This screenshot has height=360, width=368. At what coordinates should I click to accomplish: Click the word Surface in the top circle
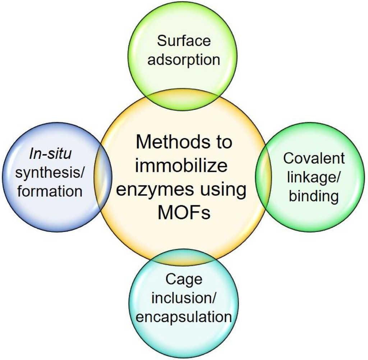(184, 41)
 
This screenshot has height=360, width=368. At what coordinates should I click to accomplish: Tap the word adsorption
(184, 59)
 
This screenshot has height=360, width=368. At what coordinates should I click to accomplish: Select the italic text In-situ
(50, 154)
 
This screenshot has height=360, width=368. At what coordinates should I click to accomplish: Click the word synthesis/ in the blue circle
(50, 173)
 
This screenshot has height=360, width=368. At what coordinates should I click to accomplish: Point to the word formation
(50, 191)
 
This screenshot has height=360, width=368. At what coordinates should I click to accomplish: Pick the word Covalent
(314, 158)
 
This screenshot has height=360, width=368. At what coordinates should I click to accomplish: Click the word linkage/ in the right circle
(314, 177)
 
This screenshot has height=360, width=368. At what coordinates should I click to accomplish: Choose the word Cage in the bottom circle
(184, 279)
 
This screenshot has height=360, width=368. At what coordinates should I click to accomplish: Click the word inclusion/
(184, 298)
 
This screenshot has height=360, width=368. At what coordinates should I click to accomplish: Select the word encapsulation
(184, 317)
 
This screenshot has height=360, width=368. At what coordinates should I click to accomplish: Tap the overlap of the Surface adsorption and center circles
(184, 99)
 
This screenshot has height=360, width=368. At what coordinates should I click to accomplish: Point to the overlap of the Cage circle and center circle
(184, 256)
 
